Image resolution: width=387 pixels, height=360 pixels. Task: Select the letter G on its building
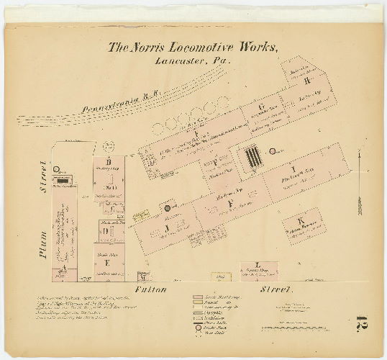tap(263, 107)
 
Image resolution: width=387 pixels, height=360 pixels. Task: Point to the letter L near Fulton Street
tap(258, 265)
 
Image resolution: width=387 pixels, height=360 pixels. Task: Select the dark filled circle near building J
tap(167, 208)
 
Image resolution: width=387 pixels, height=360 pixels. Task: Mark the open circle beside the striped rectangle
tap(273, 151)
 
